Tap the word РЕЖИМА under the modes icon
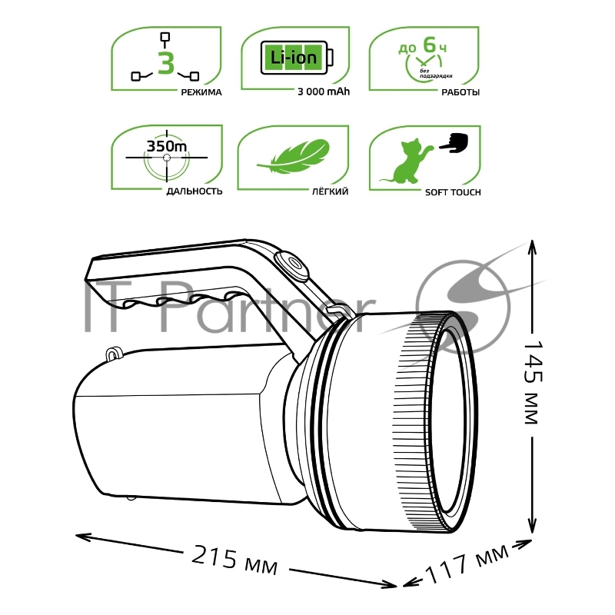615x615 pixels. (x=201, y=92)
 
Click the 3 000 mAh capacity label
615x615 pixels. (x=324, y=92)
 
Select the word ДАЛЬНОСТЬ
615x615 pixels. (x=194, y=191)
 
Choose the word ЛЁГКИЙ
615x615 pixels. (x=331, y=191)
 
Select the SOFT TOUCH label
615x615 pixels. (x=453, y=191)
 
